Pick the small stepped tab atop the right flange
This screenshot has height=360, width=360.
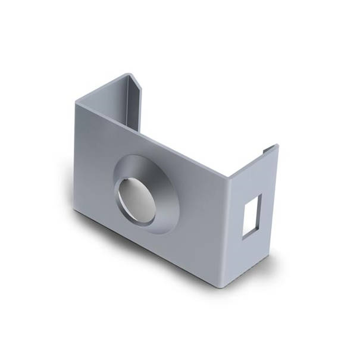(269, 148)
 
